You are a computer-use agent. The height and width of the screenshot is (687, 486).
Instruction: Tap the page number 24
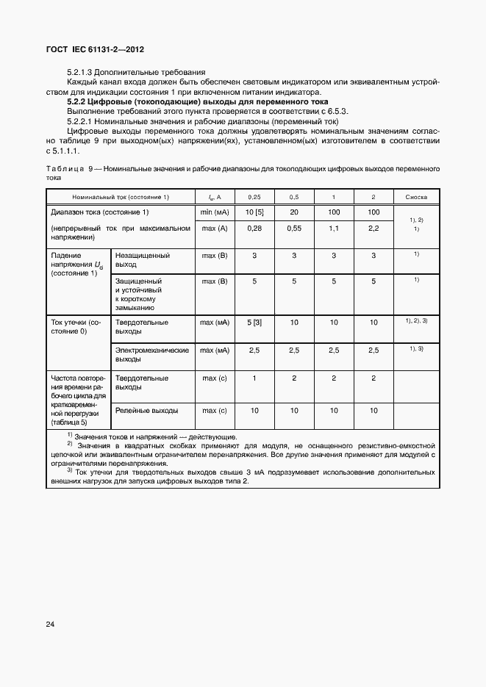click(x=50, y=625)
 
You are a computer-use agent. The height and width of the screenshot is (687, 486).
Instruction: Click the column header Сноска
click(x=416, y=197)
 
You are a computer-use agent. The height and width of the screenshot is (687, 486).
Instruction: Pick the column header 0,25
click(x=254, y=197)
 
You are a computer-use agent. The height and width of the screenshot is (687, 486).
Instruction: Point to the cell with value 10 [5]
click(x=254, y=212)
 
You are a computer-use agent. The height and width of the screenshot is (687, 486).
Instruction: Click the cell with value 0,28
click(x=254, y=229)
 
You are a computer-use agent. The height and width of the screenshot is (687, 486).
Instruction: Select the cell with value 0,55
click(x=293, y=229)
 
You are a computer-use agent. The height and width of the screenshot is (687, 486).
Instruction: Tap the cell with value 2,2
click(x=374, y=229)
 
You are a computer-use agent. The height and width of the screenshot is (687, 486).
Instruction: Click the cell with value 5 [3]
click(x=254, y=322)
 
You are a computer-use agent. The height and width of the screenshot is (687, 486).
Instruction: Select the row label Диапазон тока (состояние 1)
click(x=99, y=212)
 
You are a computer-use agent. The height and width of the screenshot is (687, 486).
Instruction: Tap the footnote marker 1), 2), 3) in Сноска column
click(x=416, y=321)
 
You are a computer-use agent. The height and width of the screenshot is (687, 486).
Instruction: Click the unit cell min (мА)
click(x=215, y=212)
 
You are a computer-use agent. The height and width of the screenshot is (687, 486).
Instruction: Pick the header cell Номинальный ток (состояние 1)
click(x=121, y=197)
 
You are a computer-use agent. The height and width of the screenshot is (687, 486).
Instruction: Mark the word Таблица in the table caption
click(x=65, y=169)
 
